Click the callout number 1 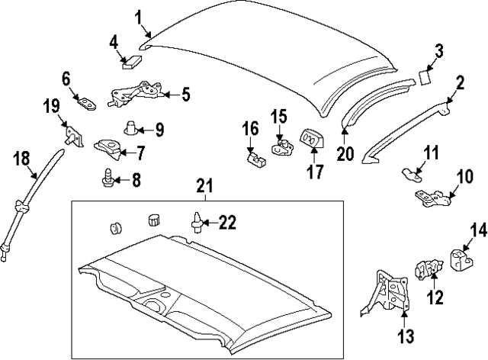tap(139, 16)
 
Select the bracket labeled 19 tap(72, 136)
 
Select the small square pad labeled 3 tap(425, 76)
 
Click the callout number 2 tap(460, 82)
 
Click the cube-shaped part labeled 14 tap(461, 259)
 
